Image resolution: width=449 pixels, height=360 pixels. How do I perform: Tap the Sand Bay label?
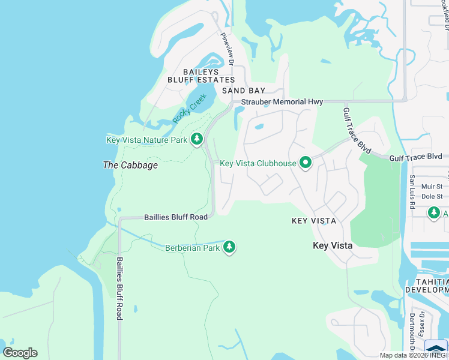click(x=244, y=91)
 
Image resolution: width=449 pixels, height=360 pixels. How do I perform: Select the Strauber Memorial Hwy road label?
click(x=282, y=102)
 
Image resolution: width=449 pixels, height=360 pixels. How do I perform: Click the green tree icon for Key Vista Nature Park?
click(x=196, y=140)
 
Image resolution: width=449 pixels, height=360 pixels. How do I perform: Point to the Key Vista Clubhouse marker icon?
click(x=306, y=163)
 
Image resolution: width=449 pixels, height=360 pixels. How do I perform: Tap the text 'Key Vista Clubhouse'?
click(x=258, y=163)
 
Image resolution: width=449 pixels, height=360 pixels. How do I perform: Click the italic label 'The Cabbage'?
click(x=130, y=165)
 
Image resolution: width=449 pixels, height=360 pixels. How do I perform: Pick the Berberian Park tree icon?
click(x=229, y=247)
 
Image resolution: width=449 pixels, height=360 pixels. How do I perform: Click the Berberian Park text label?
click(x=193, y=247)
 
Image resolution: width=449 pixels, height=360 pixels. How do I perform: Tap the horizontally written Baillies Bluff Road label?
click(x=176, y=217)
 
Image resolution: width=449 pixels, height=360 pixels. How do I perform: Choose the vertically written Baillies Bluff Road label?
click(x=119, y=288)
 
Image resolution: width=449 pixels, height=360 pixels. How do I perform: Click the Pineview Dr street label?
click(x=227, y=46)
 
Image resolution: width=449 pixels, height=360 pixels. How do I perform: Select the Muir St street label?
click(x=432, y=187)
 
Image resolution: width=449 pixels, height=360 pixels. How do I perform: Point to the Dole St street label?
click(x=432, y=196)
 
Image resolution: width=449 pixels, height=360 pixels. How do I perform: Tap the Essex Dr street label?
click(x=421, y=324)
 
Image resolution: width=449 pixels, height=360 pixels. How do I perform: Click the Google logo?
click(x=20, y=352)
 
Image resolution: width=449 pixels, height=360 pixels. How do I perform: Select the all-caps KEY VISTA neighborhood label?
click(x=313, y=221)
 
